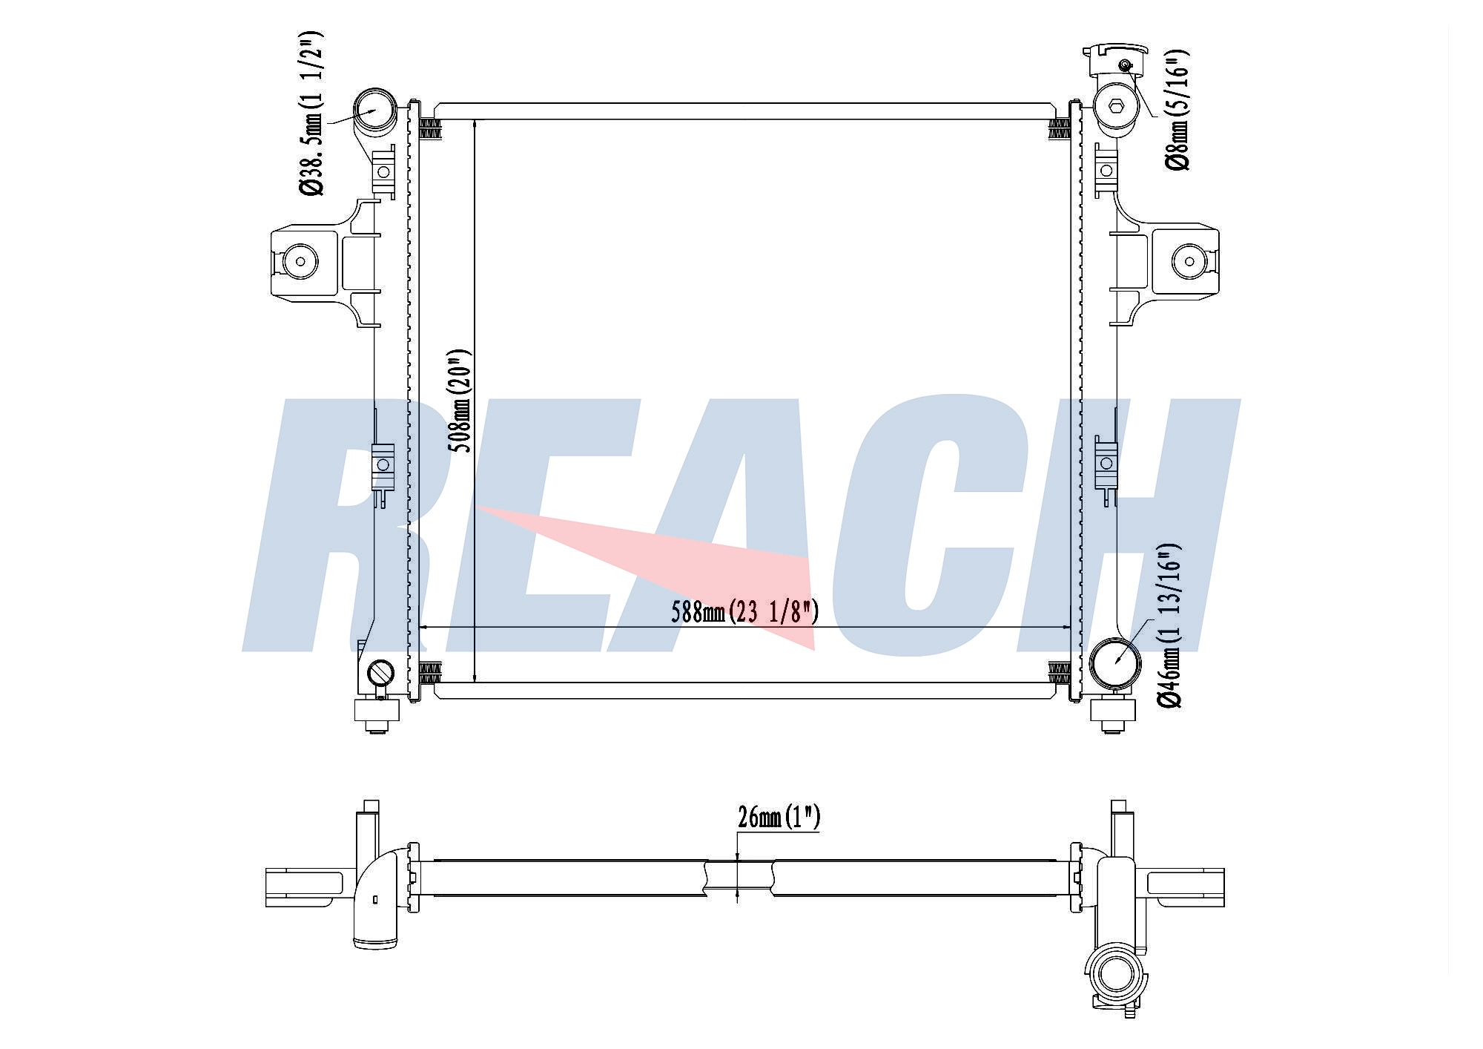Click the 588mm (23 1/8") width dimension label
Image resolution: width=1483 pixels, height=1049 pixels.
click(745, 612)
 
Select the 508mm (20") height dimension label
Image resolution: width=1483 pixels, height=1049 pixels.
click(460, 401)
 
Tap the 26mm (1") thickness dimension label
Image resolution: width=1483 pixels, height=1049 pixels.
click(779, 817)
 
